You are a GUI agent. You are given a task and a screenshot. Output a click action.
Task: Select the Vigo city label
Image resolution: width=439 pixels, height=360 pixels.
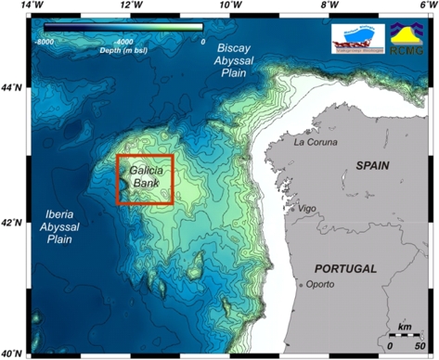pos(310,209)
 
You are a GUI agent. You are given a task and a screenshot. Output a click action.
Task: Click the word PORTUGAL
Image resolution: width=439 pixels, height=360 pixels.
pos(345,268)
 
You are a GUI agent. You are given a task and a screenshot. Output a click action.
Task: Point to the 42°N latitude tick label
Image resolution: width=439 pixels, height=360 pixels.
pos(12,222)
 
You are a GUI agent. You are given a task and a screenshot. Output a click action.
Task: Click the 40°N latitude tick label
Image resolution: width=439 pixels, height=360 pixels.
pos(12,354)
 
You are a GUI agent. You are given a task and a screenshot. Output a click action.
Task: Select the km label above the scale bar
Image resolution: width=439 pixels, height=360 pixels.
pos(404,328)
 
